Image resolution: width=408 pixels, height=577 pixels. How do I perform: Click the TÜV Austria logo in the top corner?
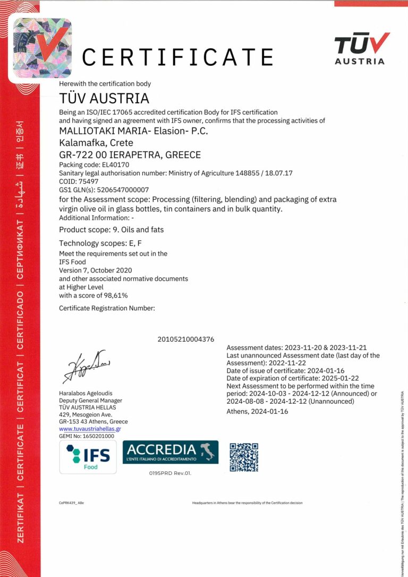pos(361,48)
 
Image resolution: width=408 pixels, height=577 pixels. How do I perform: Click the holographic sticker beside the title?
pos(42,48)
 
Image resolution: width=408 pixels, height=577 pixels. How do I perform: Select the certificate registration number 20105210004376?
pos(186,339)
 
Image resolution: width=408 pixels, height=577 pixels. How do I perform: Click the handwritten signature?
pos(86,367)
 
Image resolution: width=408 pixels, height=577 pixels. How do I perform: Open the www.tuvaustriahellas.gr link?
pos(90,428)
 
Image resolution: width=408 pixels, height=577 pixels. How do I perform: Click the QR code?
pos(244,457)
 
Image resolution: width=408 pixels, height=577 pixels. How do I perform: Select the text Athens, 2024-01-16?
pos(257,411)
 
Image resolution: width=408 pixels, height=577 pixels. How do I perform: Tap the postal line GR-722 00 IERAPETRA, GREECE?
pos(130,155)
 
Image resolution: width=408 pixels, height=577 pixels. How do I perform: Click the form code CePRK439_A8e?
pos(71,502)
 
